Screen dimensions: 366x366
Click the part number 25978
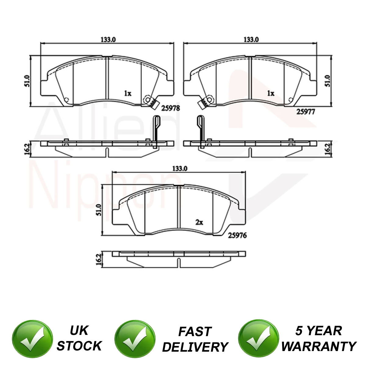point(170,108)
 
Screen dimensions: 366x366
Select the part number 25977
point(305,112)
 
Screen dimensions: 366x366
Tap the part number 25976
point(237,235)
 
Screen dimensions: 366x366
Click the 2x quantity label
point(199,222)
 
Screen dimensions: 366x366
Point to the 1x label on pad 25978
point(127,93)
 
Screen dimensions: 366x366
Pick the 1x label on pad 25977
point(271,93)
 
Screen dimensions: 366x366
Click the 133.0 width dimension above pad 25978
point(108,40)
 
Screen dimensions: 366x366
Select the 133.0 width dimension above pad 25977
point(251,40)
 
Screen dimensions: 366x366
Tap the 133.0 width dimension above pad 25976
point(180,168)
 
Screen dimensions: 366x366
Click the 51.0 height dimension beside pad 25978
point(27,81)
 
